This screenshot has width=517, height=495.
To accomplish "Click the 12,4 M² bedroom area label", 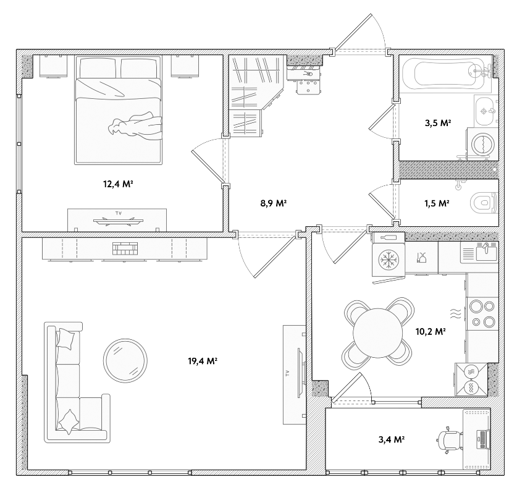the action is (x=118, y=184).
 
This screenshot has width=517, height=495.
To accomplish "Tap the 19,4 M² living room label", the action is (x=203, y=361).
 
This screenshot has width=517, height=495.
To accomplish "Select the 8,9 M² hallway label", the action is (x=274, y=203).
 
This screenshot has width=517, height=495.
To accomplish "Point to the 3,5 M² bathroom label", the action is (x=438, y=123).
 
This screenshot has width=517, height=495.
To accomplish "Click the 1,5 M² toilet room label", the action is (x=437, y=203).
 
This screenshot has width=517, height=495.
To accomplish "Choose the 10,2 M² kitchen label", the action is (x=431, y=331).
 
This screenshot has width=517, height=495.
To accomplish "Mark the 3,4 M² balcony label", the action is (x=392, y=439).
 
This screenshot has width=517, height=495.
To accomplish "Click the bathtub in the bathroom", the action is (x=445, y=74).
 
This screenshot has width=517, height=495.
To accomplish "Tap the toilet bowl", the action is (x=484, y=202).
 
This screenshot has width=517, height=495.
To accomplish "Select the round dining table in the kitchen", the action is (x=378, y=332).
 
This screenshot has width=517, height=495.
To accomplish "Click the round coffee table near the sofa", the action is (x=125, y=360).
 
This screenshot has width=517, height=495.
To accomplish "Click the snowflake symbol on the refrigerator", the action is (x=389, y=260).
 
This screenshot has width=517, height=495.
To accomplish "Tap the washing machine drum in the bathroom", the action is (x=482, y=144).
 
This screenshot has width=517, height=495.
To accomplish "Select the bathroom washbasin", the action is (x=486, y=111).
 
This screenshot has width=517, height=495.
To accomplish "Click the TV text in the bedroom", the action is (x=119, y=213).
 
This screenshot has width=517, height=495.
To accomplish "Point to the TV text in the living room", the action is (x=287, y=374).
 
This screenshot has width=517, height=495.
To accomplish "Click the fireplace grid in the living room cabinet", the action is (x=125, y=248).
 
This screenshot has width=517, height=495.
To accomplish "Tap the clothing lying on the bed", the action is (x=135, y=125).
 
